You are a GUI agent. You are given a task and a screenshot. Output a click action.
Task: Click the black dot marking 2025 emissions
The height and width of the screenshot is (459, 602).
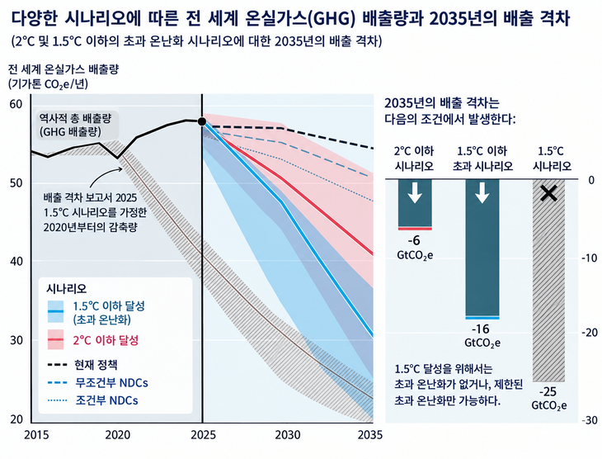[202, 121]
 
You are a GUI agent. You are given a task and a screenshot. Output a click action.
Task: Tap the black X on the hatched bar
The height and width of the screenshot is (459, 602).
[548, 193]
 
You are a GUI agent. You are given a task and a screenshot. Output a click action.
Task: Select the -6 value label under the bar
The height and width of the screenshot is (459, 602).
[414, 241]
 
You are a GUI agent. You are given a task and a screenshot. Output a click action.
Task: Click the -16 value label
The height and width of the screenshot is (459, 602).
[480, 329]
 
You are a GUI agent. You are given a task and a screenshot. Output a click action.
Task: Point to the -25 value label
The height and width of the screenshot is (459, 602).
[548, 392]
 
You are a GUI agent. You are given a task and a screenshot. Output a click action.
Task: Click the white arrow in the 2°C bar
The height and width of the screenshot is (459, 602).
[415, 193]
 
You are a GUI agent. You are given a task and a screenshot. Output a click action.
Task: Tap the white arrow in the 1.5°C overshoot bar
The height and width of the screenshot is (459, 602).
[482, 193]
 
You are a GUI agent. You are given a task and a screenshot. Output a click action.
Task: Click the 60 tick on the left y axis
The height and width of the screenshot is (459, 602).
[16, 104]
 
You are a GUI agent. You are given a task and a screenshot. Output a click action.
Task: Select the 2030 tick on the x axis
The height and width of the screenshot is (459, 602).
[288, 435]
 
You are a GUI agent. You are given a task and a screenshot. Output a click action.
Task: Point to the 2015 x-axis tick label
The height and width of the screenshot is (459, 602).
[36, 435]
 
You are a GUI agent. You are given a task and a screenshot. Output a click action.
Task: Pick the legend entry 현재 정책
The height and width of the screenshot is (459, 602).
[82, 365]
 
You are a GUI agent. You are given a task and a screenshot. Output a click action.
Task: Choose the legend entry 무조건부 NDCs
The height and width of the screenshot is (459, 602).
[98, 383]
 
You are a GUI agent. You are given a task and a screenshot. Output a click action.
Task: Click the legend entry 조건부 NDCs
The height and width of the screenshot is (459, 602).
[92, 400]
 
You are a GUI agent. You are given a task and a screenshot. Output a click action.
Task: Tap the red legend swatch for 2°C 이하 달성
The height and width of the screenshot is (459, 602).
[55, 340]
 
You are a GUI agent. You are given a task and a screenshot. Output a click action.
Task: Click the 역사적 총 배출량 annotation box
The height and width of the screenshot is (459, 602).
[75, 125]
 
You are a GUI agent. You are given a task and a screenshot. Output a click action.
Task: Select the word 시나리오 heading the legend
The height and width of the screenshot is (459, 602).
[67, 288]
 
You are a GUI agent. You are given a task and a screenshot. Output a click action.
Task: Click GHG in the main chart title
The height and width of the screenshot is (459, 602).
[332, 18]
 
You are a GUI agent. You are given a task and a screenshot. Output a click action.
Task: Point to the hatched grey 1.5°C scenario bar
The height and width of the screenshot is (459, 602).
[548, 280]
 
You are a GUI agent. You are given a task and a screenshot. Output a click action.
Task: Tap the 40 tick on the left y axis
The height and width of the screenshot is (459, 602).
[16, 261]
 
